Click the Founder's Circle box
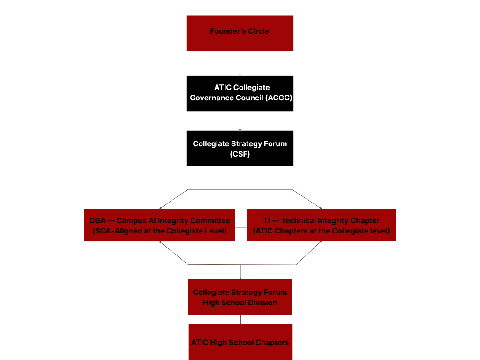[x=240, y=33]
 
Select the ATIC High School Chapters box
[x=240, y=342]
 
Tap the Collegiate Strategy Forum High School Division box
[x=240, y=297]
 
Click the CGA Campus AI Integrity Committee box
[x=159, y=225]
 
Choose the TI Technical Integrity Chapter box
[x=321, y=225]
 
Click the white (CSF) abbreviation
[x=240, y=154]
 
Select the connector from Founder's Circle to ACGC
[x=240, y=63]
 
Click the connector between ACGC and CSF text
[x=240, y=120]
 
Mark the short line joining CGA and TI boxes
[x=241, y=227]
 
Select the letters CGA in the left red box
[x=97, y=220]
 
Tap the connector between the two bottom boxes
[x=240, y=319]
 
